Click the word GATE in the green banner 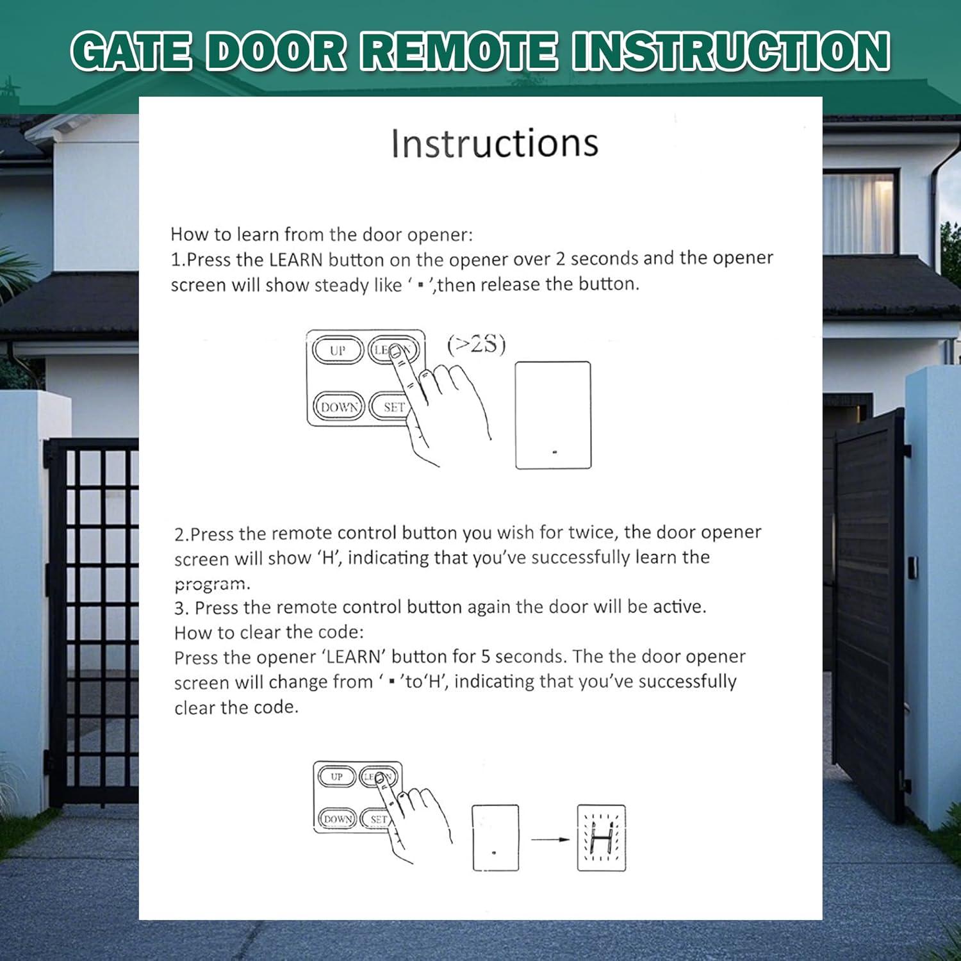coord(131,51)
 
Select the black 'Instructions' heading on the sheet coord(495,143)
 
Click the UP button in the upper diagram coord(338,350)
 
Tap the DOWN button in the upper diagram coord(339,407)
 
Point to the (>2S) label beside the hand coord(476,345)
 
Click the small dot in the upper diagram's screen coord(555,452)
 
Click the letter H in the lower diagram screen coord(602,838)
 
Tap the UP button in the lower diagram coord(336,776)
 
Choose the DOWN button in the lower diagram coord(337,819)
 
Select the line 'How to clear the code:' coord(268,632)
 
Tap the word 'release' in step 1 coord(509,284)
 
